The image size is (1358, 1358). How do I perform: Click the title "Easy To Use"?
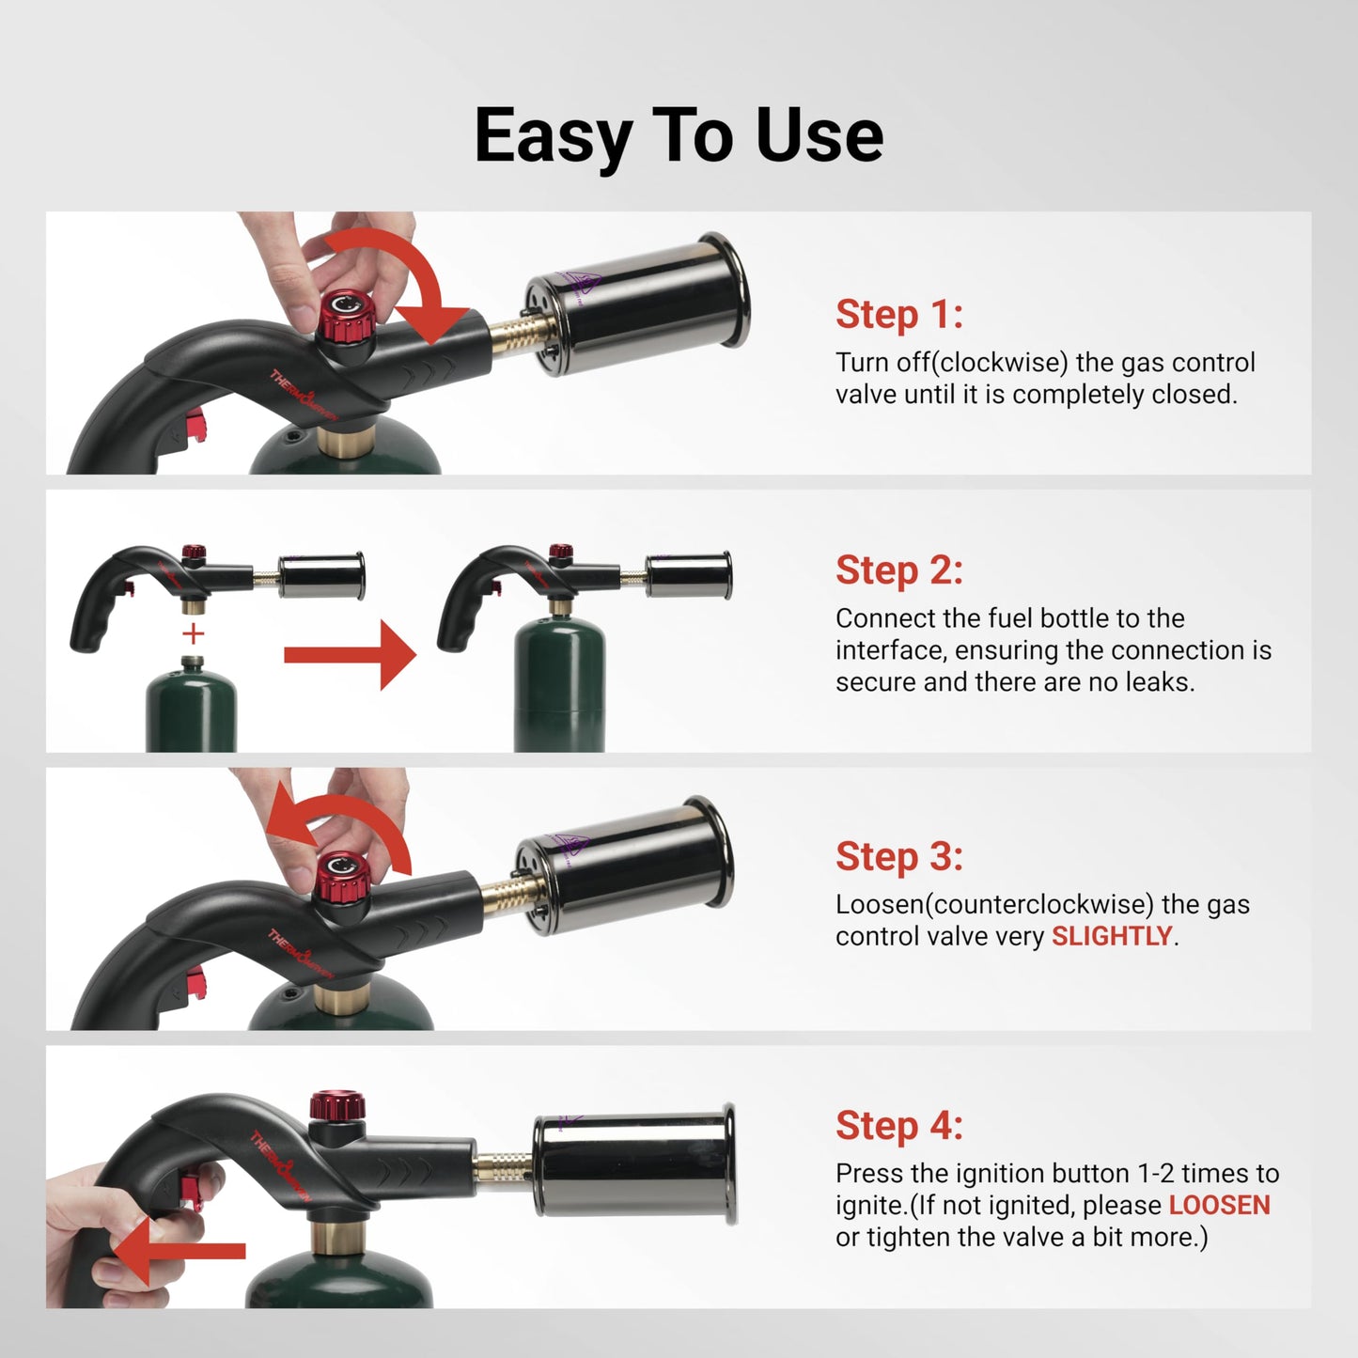[679, 135]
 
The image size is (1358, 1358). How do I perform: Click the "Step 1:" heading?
[898, 314]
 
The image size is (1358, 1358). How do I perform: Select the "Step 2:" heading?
[898, 570]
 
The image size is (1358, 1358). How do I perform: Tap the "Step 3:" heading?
[898, 856]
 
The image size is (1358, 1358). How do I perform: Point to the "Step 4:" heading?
[898, 1125]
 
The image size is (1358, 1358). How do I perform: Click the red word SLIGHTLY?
[1111, 936]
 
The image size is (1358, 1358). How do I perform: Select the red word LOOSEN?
[1219, 1205]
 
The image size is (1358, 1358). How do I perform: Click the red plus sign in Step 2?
[193, 633]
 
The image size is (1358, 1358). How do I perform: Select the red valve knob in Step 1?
[346, 317]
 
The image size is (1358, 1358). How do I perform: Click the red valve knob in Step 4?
[337, 1105]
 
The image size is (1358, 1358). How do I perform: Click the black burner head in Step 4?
[633, 1165]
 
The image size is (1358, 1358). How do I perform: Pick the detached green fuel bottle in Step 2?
[191, 710]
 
